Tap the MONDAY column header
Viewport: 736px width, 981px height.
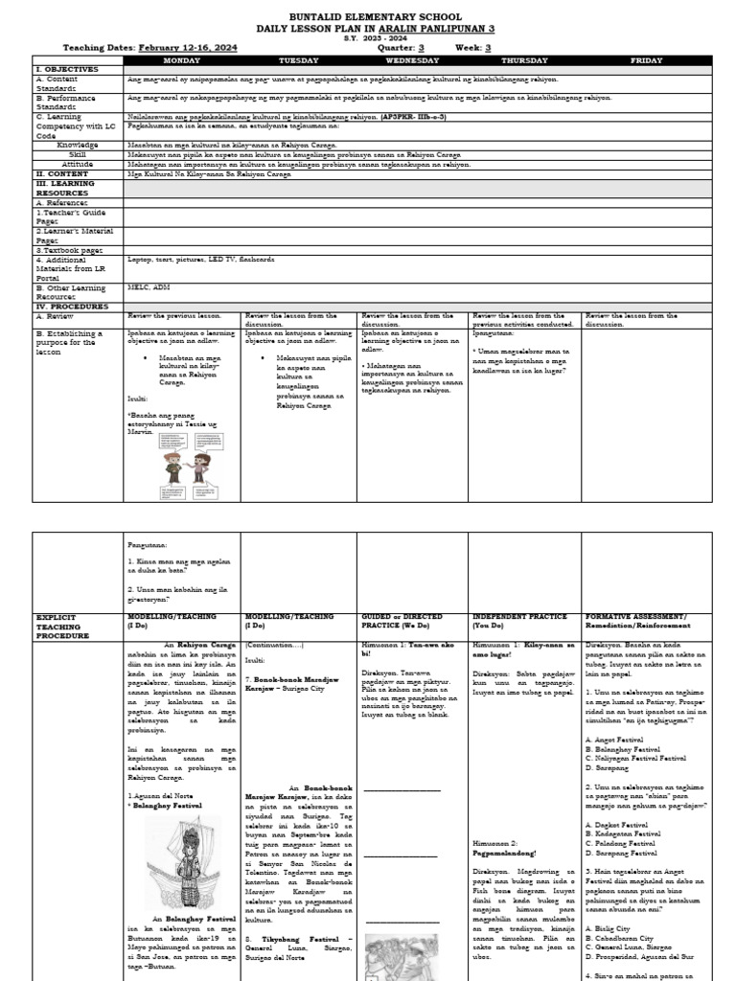click(x=182, y=59)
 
